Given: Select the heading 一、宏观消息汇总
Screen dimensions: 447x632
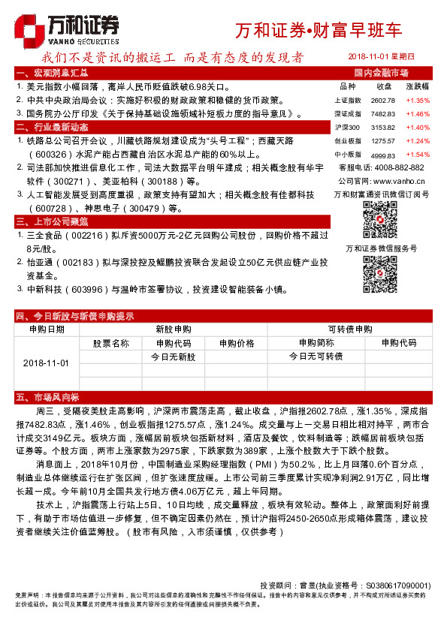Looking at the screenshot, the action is click(53, 73).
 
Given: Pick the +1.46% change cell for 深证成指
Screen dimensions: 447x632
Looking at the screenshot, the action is click(418, 113).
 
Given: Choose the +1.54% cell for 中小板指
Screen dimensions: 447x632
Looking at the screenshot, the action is click(418, 154).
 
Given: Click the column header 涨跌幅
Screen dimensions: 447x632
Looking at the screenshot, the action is click(418, 86).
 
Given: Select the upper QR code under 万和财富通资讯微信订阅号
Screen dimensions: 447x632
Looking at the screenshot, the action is click(380, 218).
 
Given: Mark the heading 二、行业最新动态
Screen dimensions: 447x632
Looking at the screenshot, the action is click(53, 128).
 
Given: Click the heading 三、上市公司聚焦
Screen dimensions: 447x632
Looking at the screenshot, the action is click(53, 221).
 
